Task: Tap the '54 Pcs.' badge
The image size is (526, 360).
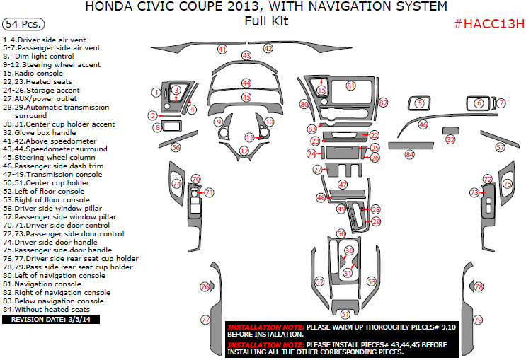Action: tap(21, 24)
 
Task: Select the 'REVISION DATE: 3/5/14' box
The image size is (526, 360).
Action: tap(52, 320)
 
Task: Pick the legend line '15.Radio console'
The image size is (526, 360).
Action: tap(33, 73)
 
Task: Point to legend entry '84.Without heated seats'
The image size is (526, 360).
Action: tap(46, 309)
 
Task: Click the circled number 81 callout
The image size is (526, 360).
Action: tap(350, 86)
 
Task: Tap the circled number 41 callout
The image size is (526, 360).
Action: tap(222, 50)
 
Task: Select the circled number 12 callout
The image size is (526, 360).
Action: tap(244, 151)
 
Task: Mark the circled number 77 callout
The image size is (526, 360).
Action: tap(205, 320)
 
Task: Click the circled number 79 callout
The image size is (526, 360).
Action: tap(478, 320)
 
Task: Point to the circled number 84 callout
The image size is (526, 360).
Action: tap(409, 153)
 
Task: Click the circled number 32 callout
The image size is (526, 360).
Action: tap(450, 140)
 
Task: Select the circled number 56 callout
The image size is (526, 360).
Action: tap(176, 147)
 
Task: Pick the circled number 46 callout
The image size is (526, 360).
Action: tap(423, 124)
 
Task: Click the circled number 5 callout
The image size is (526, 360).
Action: tap(419, 103)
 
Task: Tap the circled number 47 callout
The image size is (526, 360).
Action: tap(343, 184)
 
